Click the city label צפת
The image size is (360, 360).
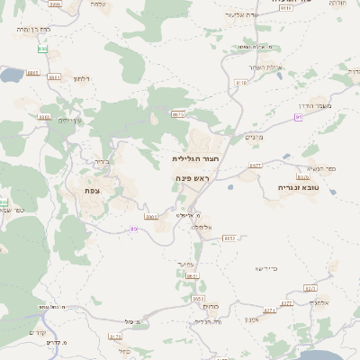click(91, 190)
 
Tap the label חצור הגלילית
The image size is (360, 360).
click(196, 157)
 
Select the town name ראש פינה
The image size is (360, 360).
click(192, 179)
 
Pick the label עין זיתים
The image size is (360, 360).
click(69, 120)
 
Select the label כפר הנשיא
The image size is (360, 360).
click(319, 168)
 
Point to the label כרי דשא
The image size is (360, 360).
click(267, 268)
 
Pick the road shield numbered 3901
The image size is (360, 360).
click(150, 216)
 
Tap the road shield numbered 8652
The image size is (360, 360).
click(229, 238)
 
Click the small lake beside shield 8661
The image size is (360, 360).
click(11, 76)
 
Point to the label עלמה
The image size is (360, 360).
click(97, 4)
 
